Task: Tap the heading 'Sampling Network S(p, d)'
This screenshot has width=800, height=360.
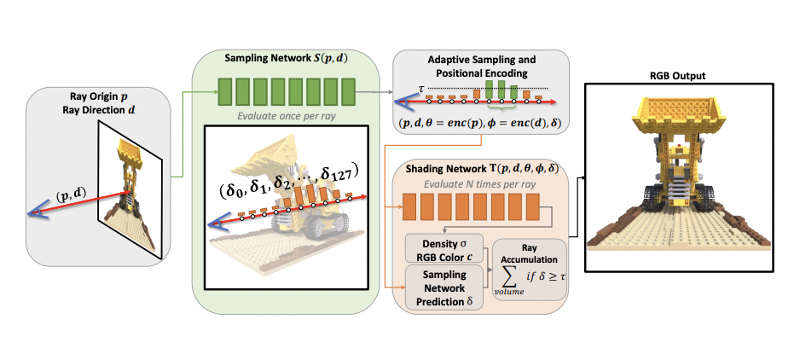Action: click(x=286, y=58)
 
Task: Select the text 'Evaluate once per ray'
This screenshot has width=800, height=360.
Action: click(x=286, y=115)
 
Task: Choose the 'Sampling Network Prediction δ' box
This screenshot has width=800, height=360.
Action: click(x=444, y=288)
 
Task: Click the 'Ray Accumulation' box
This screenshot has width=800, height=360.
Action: click(x=530, y=270)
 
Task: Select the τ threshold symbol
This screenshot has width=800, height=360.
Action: click(x=421, y=88)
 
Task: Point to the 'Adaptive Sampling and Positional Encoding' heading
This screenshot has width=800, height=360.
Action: click(x=481, y=67)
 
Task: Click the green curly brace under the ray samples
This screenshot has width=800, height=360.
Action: click(x=502, y=107)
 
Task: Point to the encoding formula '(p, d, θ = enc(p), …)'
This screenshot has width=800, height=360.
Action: click(x=481, y=123)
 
